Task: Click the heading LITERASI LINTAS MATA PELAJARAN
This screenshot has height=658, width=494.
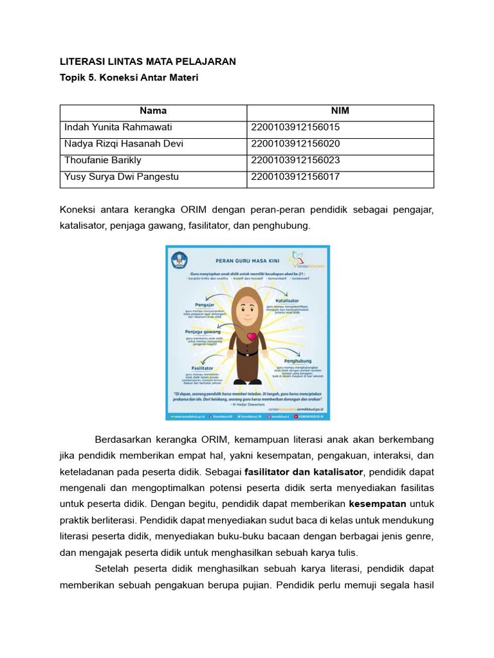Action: click(148, 62)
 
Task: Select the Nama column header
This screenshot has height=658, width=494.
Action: click(153, 111)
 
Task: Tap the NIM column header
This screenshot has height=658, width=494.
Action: click(340, 111)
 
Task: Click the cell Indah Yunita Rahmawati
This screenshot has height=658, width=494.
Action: click(118, 127)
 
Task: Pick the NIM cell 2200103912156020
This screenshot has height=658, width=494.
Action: click(296, 143)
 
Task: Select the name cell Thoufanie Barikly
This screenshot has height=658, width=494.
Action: click(103, 159)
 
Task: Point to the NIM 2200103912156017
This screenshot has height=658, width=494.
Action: click(296, 176)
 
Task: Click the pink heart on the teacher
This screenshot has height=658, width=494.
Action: click(252, 336)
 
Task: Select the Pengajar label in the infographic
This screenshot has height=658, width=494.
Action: click(196, 305)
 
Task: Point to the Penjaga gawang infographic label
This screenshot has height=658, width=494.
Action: click(203, 332)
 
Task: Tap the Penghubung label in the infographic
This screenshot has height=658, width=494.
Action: click(297, 361)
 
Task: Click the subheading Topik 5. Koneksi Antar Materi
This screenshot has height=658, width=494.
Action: click(129, 78)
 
